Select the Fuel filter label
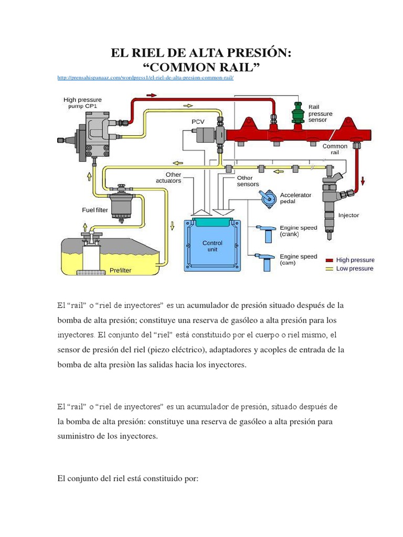point(94,210)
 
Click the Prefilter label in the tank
point(121,271)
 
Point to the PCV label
point(198,122)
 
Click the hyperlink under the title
point(144,78)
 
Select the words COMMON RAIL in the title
point(201,67)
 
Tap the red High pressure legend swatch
point(330,260)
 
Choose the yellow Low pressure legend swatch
point(330,268)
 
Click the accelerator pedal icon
point(268,198)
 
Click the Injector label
point(348,215)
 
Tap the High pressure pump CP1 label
point(82,102)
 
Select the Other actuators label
point(169,177)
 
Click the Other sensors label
point(248,181)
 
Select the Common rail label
point(335,149)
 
